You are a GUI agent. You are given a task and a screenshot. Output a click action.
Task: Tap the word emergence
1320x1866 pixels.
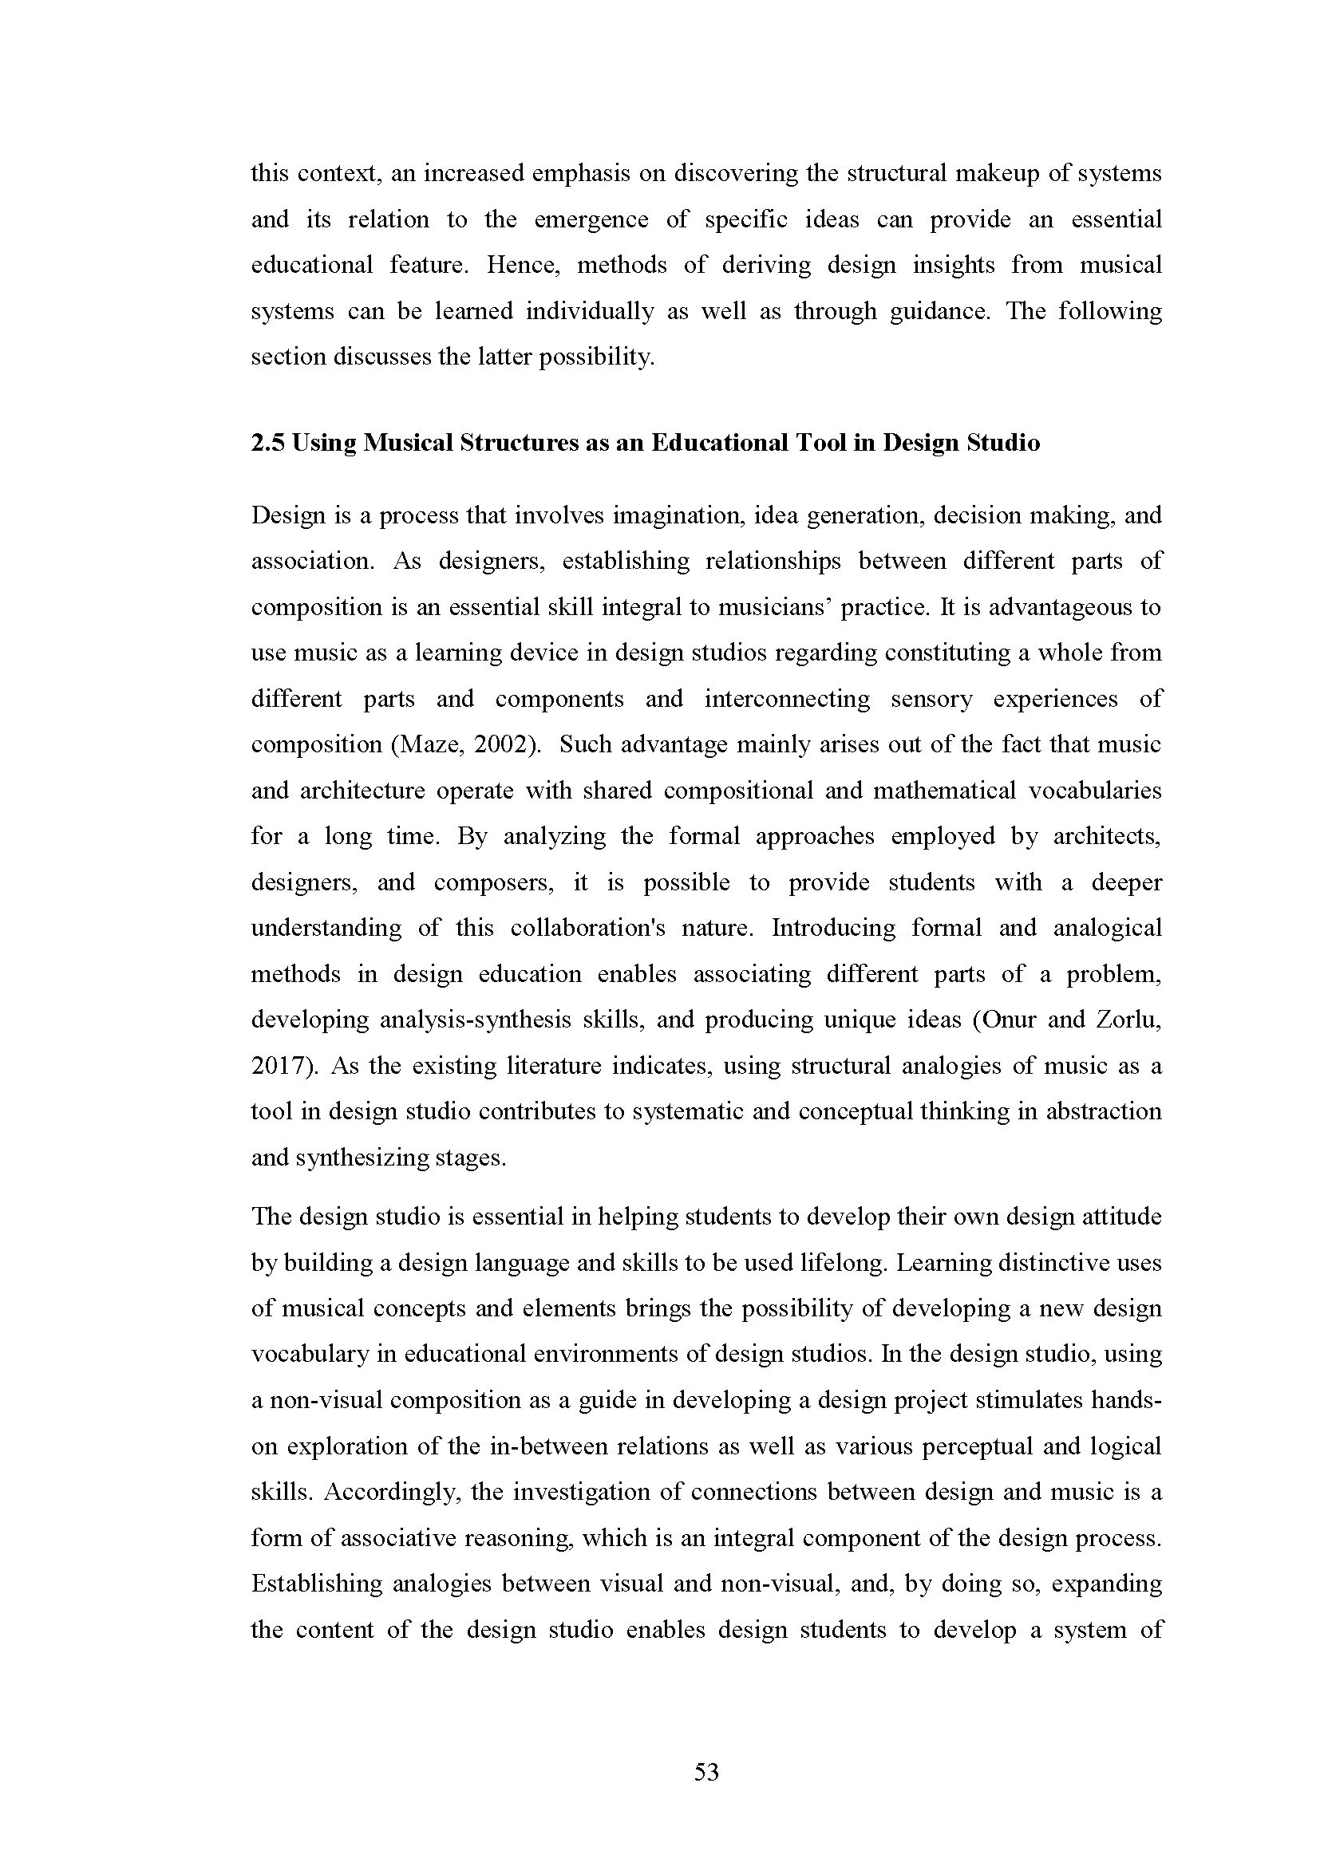pyautogui.click(x=591, y=219)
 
